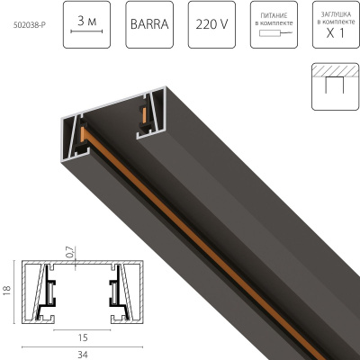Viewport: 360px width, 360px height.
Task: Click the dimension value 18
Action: click(6, 291)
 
